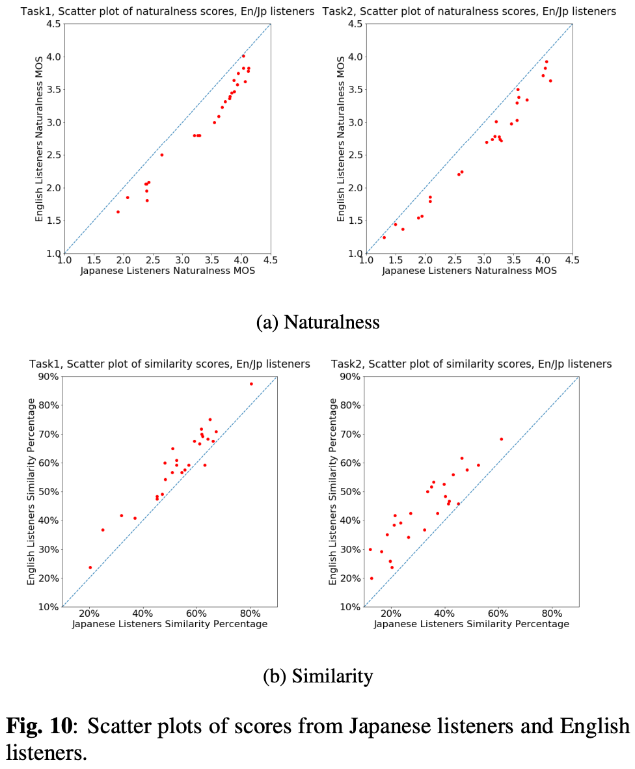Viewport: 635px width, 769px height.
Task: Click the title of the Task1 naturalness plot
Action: point(167,11)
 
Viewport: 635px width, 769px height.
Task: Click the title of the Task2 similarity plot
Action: point(471,364)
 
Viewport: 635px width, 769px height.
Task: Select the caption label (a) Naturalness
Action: point(317,321)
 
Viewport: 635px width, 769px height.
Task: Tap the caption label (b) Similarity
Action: point(317,676)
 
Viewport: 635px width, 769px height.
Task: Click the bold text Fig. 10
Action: point(40,726)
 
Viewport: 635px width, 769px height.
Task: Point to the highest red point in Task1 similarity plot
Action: point(251,384)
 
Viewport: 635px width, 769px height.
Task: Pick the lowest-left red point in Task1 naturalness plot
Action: point(118,211)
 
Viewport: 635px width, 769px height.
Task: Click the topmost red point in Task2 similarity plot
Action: point(501,439)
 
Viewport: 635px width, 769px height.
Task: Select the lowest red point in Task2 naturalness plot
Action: point(384,237)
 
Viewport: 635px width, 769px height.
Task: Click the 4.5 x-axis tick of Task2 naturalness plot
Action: point(572,260)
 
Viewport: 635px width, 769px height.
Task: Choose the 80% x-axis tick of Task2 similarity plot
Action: point(552,613)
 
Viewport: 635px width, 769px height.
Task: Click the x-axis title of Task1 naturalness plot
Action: point(167,271)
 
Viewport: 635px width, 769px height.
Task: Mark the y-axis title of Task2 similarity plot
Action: point(334,491)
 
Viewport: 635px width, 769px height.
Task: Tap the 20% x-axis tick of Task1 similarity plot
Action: point(89,613)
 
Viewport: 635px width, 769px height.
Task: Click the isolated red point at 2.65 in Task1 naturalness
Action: point(161,155)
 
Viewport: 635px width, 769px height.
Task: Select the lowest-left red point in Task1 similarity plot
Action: point(90,567)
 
